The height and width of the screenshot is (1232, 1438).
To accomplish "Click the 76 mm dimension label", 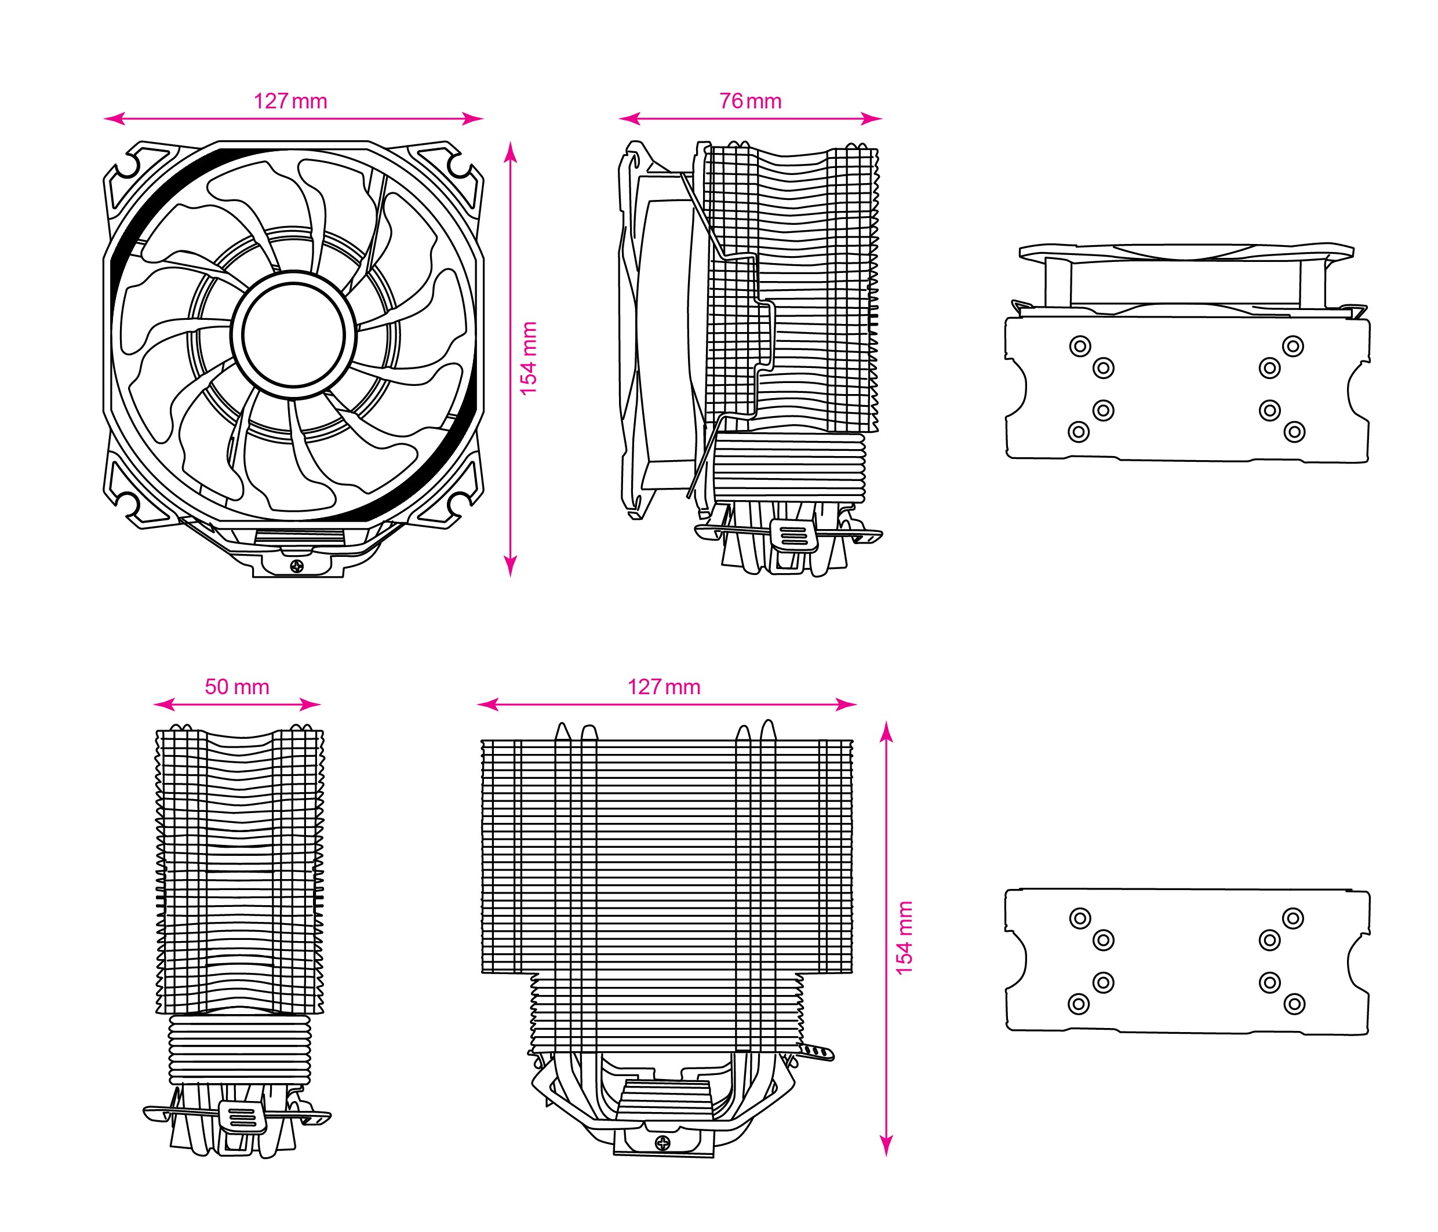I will click(750, 101).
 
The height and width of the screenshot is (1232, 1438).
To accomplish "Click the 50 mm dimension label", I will click(236, 687).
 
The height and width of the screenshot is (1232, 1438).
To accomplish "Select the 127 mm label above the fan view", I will click(290, 101).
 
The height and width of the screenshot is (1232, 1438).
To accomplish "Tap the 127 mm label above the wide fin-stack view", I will click(664, 687).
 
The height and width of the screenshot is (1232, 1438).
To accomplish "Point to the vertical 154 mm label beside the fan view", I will click(529, 359).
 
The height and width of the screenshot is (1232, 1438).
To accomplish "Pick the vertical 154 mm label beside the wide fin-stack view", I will click(904, 938).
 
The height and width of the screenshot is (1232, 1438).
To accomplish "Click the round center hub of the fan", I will click(293, 334).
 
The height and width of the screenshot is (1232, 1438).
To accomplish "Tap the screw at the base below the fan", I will click(298, 566).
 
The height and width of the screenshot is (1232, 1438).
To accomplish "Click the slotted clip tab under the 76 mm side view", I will click(794, 536).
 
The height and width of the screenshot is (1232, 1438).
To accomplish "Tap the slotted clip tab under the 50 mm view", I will click(242, 1117).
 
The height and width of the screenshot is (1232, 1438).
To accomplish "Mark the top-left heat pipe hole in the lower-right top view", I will click(1080, 918).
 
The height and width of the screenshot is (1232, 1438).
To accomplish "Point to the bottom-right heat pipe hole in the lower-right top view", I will click(1294, 1004).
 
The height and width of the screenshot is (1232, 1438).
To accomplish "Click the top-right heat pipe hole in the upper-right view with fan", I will click(1293, 345).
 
